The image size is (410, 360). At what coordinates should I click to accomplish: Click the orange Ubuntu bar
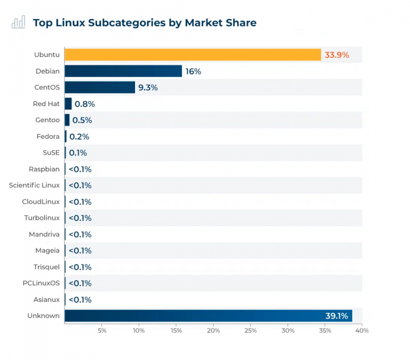192,55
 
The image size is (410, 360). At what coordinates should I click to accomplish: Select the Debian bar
123,71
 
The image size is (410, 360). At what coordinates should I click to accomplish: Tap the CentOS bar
99,87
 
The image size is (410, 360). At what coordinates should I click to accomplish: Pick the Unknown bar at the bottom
208,316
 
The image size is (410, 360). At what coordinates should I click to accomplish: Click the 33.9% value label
336,55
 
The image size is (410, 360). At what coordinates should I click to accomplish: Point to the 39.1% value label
336,316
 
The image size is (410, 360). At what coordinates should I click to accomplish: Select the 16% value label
193,71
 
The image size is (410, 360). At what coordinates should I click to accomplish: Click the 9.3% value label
148,87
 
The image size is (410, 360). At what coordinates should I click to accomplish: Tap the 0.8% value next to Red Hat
84,104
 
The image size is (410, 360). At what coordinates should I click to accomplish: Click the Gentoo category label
48,120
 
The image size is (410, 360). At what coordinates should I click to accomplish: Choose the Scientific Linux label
34,185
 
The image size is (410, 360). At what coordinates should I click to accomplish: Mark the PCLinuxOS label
41,283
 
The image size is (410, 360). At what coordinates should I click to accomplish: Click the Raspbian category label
44,169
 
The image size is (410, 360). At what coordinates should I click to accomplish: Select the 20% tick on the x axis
213,331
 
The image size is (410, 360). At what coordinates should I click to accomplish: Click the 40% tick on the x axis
362,331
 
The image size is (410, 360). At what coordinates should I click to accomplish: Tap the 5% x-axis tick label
102,331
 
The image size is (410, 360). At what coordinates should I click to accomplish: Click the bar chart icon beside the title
19,22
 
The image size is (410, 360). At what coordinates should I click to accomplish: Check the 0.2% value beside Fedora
79,137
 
